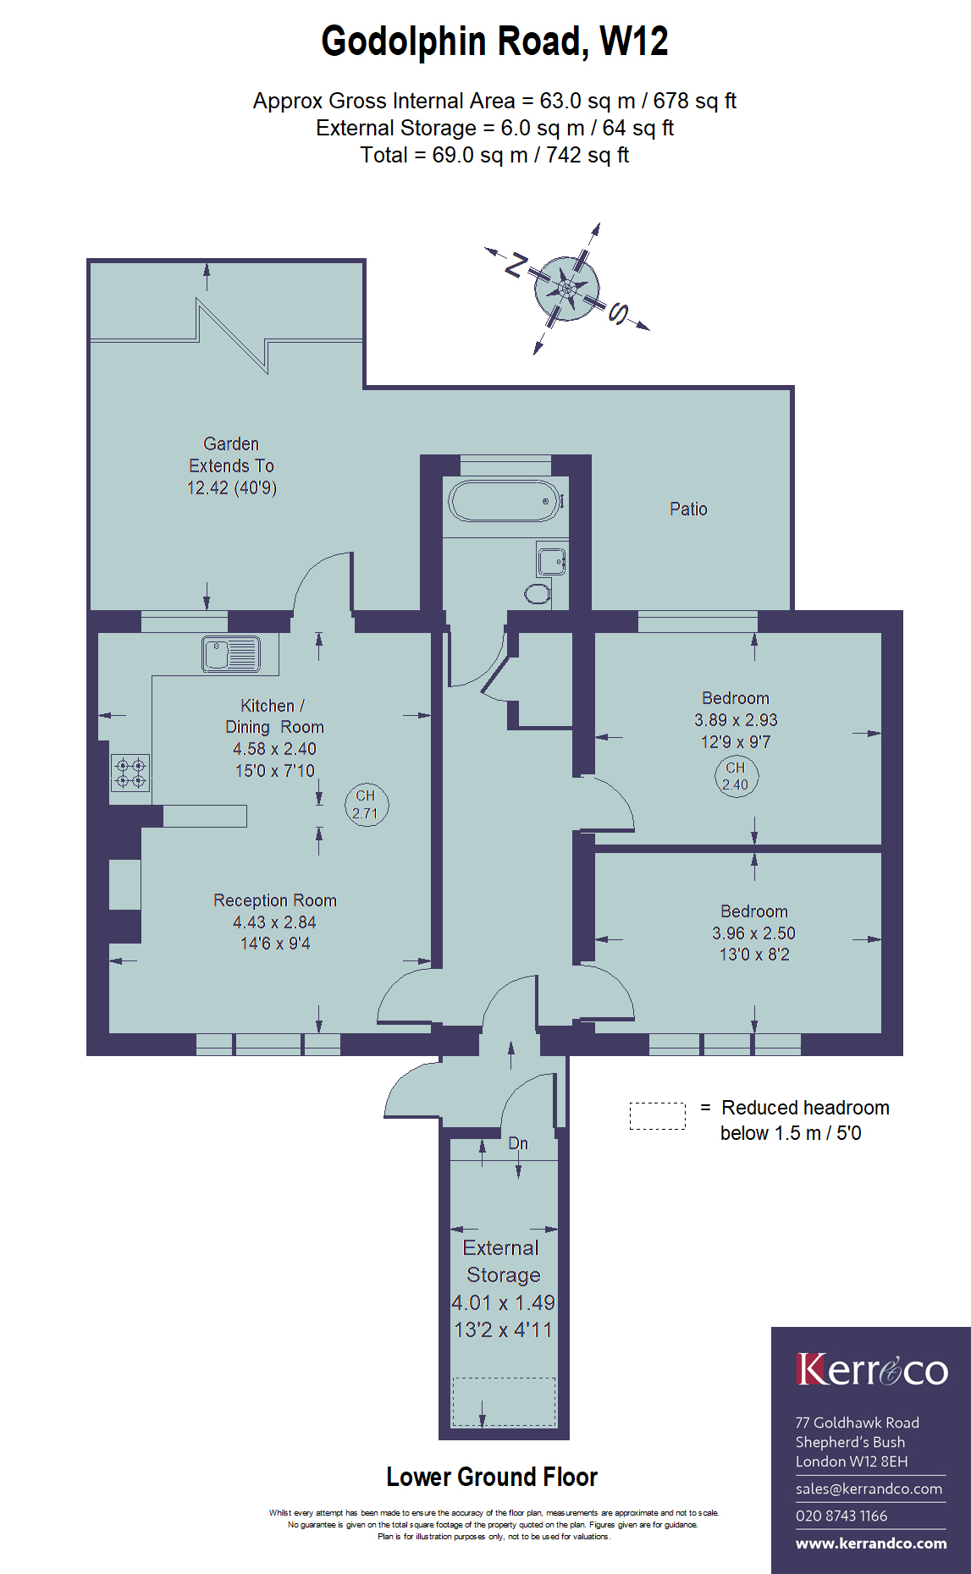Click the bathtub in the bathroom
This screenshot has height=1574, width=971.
point(505,501)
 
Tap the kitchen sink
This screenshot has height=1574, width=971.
point(231,654)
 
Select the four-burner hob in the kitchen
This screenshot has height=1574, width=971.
point(130,773)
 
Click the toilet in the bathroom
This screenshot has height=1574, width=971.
point(538,593)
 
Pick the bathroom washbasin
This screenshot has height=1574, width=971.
point(552,560)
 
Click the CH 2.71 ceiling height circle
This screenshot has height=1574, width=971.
point(366,805)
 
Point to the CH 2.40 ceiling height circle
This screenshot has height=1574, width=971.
point(736,776)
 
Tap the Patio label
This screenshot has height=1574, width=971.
point(688,509)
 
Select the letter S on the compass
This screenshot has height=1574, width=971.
point(619,314)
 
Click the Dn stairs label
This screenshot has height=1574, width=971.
point(518,1143)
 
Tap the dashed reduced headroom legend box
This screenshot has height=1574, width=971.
point(658,1116)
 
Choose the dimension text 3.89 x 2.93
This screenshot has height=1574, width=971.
point(736,720)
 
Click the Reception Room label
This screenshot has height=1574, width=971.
point(275,900)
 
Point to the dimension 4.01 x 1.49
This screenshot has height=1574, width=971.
point(503,1302)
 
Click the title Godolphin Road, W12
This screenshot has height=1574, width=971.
point(494,41)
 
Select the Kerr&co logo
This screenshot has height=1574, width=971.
point(872,1369)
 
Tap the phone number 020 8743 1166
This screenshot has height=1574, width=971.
point(841,1516)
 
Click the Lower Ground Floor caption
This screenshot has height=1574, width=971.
point(492,1477)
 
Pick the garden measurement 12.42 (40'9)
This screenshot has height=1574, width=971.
point(232,487)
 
